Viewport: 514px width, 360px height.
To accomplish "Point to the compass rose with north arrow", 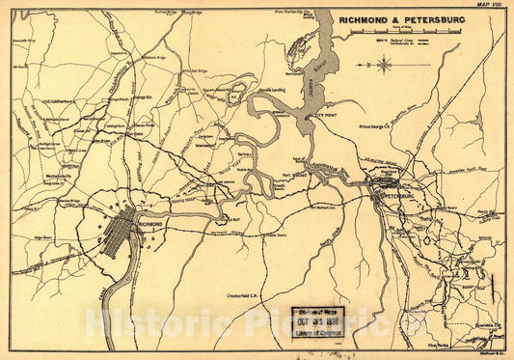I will tap(385, 66).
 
